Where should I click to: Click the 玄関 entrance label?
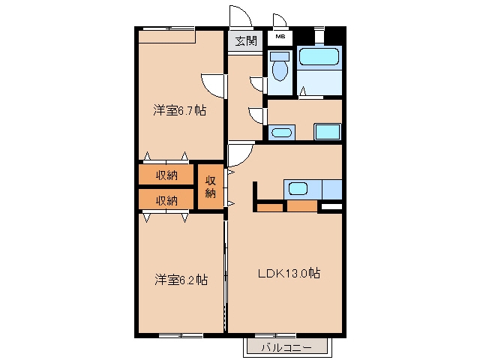[246, 40]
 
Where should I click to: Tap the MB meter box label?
[280, 37]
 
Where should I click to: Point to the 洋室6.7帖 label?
[180, 110]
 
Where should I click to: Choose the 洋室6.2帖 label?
[181, 280]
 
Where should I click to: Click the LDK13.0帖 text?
[289, 273]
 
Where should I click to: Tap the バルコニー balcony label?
[286, 348]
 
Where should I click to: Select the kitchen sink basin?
[298, 188]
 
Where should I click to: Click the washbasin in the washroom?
[282, 133]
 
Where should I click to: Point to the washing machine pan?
[328, 132]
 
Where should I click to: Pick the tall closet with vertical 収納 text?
[211, 187]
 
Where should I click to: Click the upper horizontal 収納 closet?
[166, 175]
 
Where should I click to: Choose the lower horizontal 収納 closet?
[166, 199]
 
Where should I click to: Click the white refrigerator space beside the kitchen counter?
[331, 207]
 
